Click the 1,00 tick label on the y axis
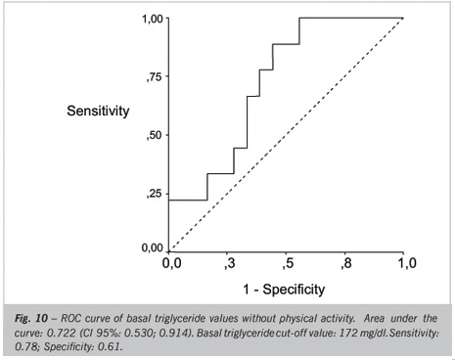point(153,19)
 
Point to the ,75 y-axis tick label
point(155,77)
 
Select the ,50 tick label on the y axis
point(155,135)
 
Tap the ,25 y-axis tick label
point(155,194)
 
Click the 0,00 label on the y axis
point(153,247)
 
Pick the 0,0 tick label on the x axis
point(172,263)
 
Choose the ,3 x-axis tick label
point(230,263)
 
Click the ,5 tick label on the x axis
point(289,263)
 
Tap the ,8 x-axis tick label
point(346,263)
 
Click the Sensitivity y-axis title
point(98,112)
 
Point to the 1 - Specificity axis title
point(284,290)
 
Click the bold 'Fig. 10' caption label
point(31,318)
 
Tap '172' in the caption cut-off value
point(348,334)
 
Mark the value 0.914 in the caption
point(179,334)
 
